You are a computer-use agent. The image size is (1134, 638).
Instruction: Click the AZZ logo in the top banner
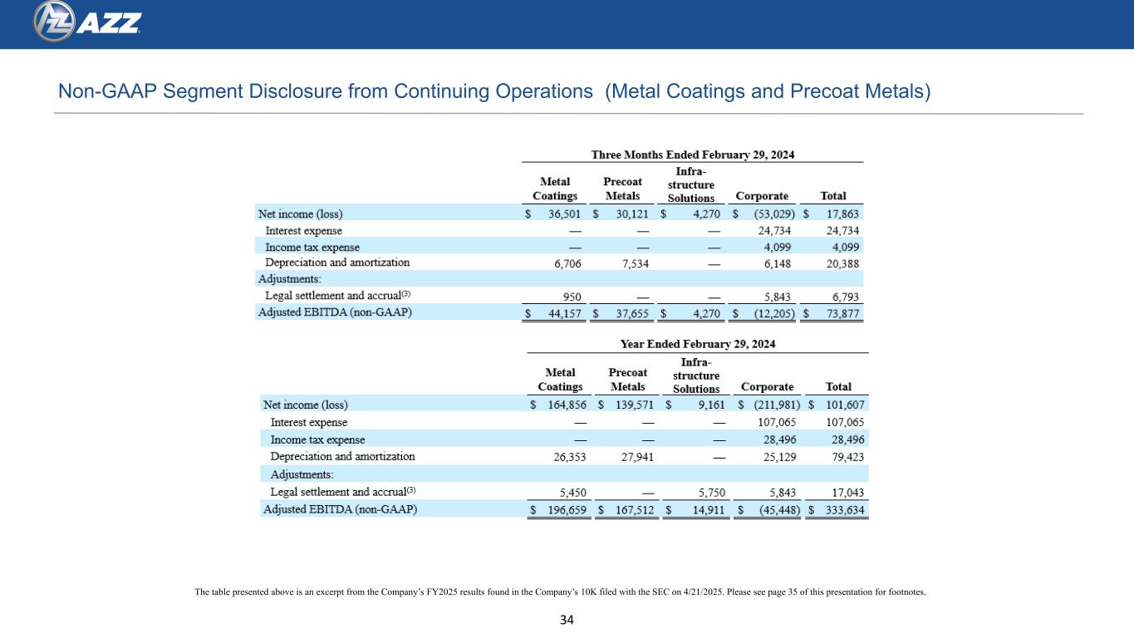pyautogui.click(x=87, y=23)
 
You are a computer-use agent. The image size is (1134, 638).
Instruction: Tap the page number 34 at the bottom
pyautogui.click(x=567, y=620)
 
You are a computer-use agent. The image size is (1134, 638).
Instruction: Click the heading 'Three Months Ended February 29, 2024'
pyautogui.click(x=692, y=154)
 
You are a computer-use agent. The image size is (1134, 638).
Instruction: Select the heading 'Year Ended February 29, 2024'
pyautogui.click(x=698, y=344)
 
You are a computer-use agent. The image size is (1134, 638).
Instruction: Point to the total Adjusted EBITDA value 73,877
pyautogui.click(x=841, y=313)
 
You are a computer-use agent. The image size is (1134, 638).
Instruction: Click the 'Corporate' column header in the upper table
pyautogui.click(x=762, y=196)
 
